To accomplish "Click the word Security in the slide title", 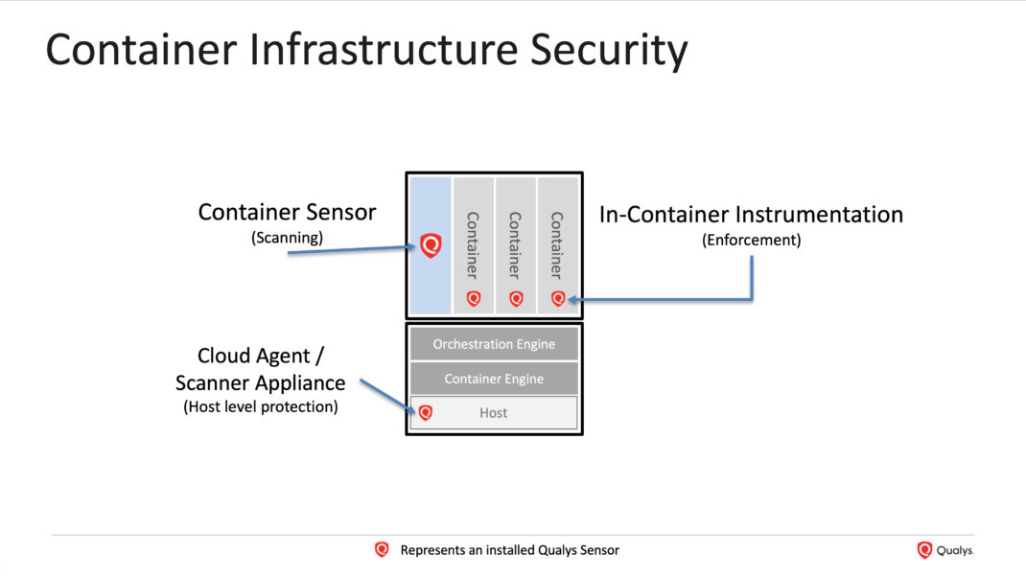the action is pyautogui.click(x=609, y=51).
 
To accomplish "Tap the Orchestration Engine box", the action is pyautogui.click(x=494, y=344).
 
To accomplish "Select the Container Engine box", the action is pyautogui.click(x=494, y=379).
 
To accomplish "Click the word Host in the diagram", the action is pyautogui.click(x=494, y=413).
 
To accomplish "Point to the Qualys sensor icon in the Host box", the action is pyautogui.click(x=426, y=412).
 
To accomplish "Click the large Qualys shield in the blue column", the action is pyautogui.click(x=431, y=245).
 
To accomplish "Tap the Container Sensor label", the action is pyautogui.click(x=287, y=212).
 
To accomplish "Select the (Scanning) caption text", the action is pyautogui.click(x=288, y=238).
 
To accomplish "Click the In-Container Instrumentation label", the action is pyautogui.click(x=751, y=215).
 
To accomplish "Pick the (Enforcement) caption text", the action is pyautogui.click(x=751, y=240).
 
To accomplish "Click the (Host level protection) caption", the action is pyautogui.click(x=261, y=407).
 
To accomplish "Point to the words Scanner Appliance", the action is pyautogui.click(x=261, y=382).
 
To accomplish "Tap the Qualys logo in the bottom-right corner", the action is pyautogui.click(x=944, y=550).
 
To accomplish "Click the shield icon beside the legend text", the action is pyautogui.click(x=382, y=549).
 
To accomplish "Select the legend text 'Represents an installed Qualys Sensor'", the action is pyautogui.click(x=510, y=550).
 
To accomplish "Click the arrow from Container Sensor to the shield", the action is pyautogui.click(x=351, y=250).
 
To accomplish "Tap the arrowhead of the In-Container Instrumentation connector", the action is pyautogui.click(x=571, y=300).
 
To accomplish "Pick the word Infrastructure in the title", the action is pyautogui.click(x=384, y=50).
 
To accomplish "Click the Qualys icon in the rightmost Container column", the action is pyautogui.click(x=557, y=298).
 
